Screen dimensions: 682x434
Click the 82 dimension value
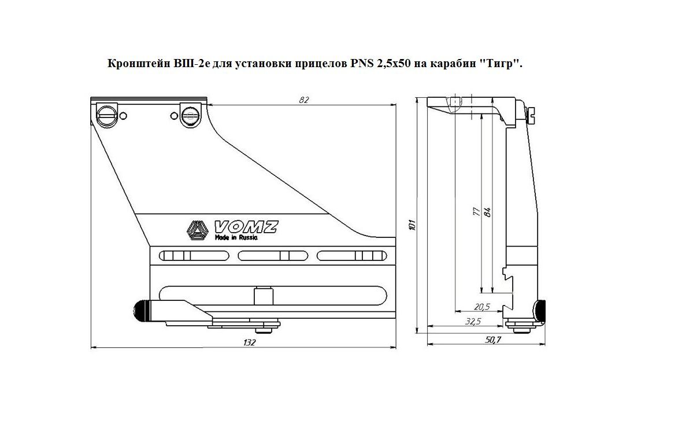tap(303, 100)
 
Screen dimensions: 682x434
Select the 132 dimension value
tap(250, 343)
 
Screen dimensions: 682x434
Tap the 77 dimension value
tap(476, 212)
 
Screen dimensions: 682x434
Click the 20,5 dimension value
tap(482, 307)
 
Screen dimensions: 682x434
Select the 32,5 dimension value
tap(473, 322)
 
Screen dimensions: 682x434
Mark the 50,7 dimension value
tap(493, 340)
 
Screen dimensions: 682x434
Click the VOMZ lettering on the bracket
tap(246, 227)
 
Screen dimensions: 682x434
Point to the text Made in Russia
tap(236, 238)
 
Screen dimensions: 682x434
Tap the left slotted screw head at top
tap(106, 115)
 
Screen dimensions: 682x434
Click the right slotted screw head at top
tap(190, 115)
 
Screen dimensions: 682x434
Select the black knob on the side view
tap(540, 312)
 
